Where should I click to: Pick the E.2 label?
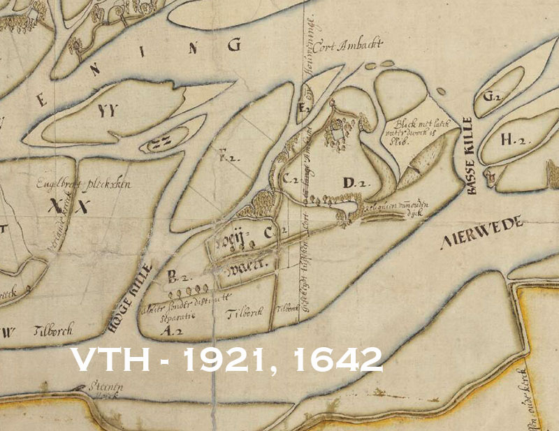[x=303, y=108]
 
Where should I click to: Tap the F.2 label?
[x=225, y=157]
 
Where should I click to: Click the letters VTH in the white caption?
[x=106, y=359]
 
